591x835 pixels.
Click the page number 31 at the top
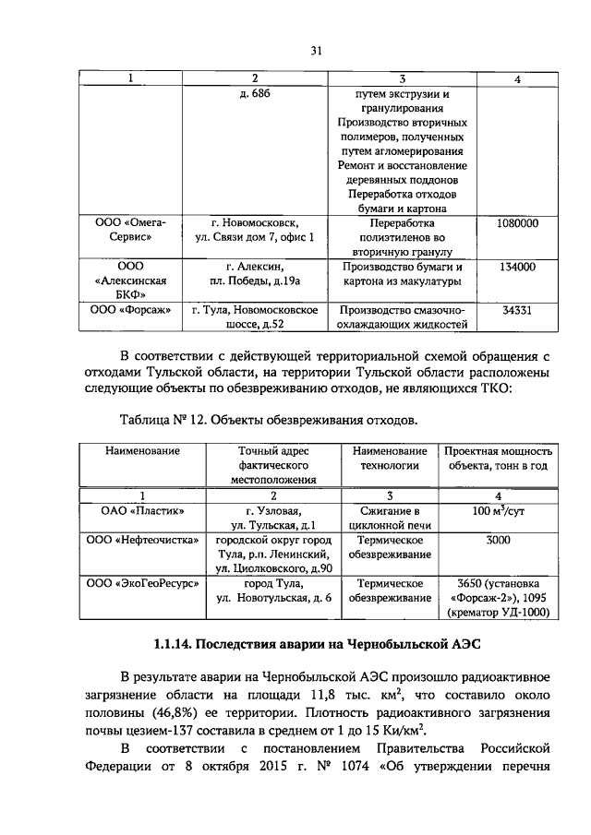(316, 51)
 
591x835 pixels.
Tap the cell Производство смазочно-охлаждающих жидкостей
(402, 317)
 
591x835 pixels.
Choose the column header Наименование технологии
(390, 458)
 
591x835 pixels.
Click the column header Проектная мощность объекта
(499, 458)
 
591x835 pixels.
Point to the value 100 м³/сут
(498, 509)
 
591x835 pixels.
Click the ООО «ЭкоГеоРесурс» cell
(142, 584)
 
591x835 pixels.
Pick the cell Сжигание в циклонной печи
(390, 517)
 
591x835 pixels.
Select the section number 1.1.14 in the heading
(175, 642)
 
